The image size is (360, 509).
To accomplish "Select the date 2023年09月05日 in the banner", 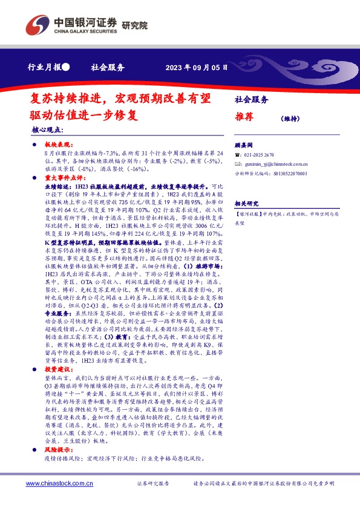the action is (x=197, y=68).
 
